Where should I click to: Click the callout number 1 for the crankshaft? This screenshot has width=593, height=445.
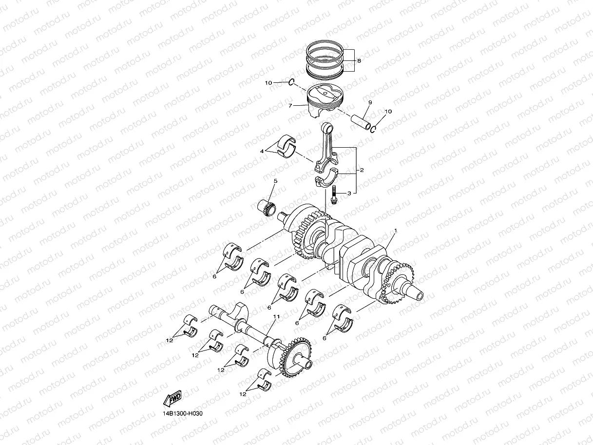(396, 230)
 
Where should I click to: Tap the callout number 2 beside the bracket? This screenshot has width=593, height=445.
(362, 171)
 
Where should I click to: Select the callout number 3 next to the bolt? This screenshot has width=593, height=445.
(349, 193)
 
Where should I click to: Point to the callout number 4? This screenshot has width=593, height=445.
(262, 151)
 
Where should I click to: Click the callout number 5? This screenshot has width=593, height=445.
(275, 181)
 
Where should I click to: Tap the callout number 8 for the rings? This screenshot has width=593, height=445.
(359, 61)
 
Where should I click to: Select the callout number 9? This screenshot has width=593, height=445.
(370, 102)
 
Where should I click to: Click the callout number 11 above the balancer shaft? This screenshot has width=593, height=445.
(276, 317)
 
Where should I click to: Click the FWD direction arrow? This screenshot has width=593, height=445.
(173, 399)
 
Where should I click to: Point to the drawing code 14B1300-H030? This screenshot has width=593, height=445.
(182, 413)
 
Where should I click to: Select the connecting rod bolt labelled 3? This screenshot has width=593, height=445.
(335, 195)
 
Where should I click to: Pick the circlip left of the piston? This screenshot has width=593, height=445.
(291, 83)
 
